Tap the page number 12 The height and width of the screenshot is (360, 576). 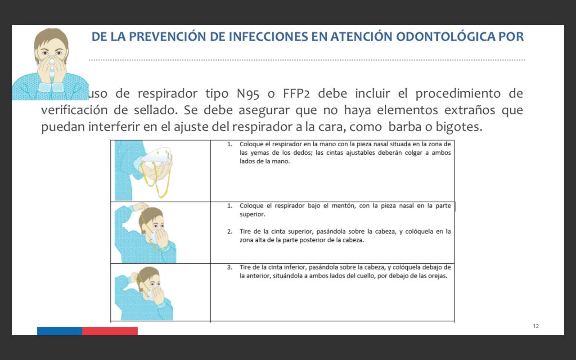point(535,326)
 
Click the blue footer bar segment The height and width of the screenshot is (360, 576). point(59,331)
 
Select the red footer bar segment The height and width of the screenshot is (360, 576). point(110,331)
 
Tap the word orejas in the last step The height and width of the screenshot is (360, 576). point(438,276)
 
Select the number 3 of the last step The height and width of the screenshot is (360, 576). point(229,267)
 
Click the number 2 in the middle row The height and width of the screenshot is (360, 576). point(229,231)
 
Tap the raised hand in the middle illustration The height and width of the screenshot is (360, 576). point(139,207)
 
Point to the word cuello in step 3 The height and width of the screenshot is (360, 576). point(364,276)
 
